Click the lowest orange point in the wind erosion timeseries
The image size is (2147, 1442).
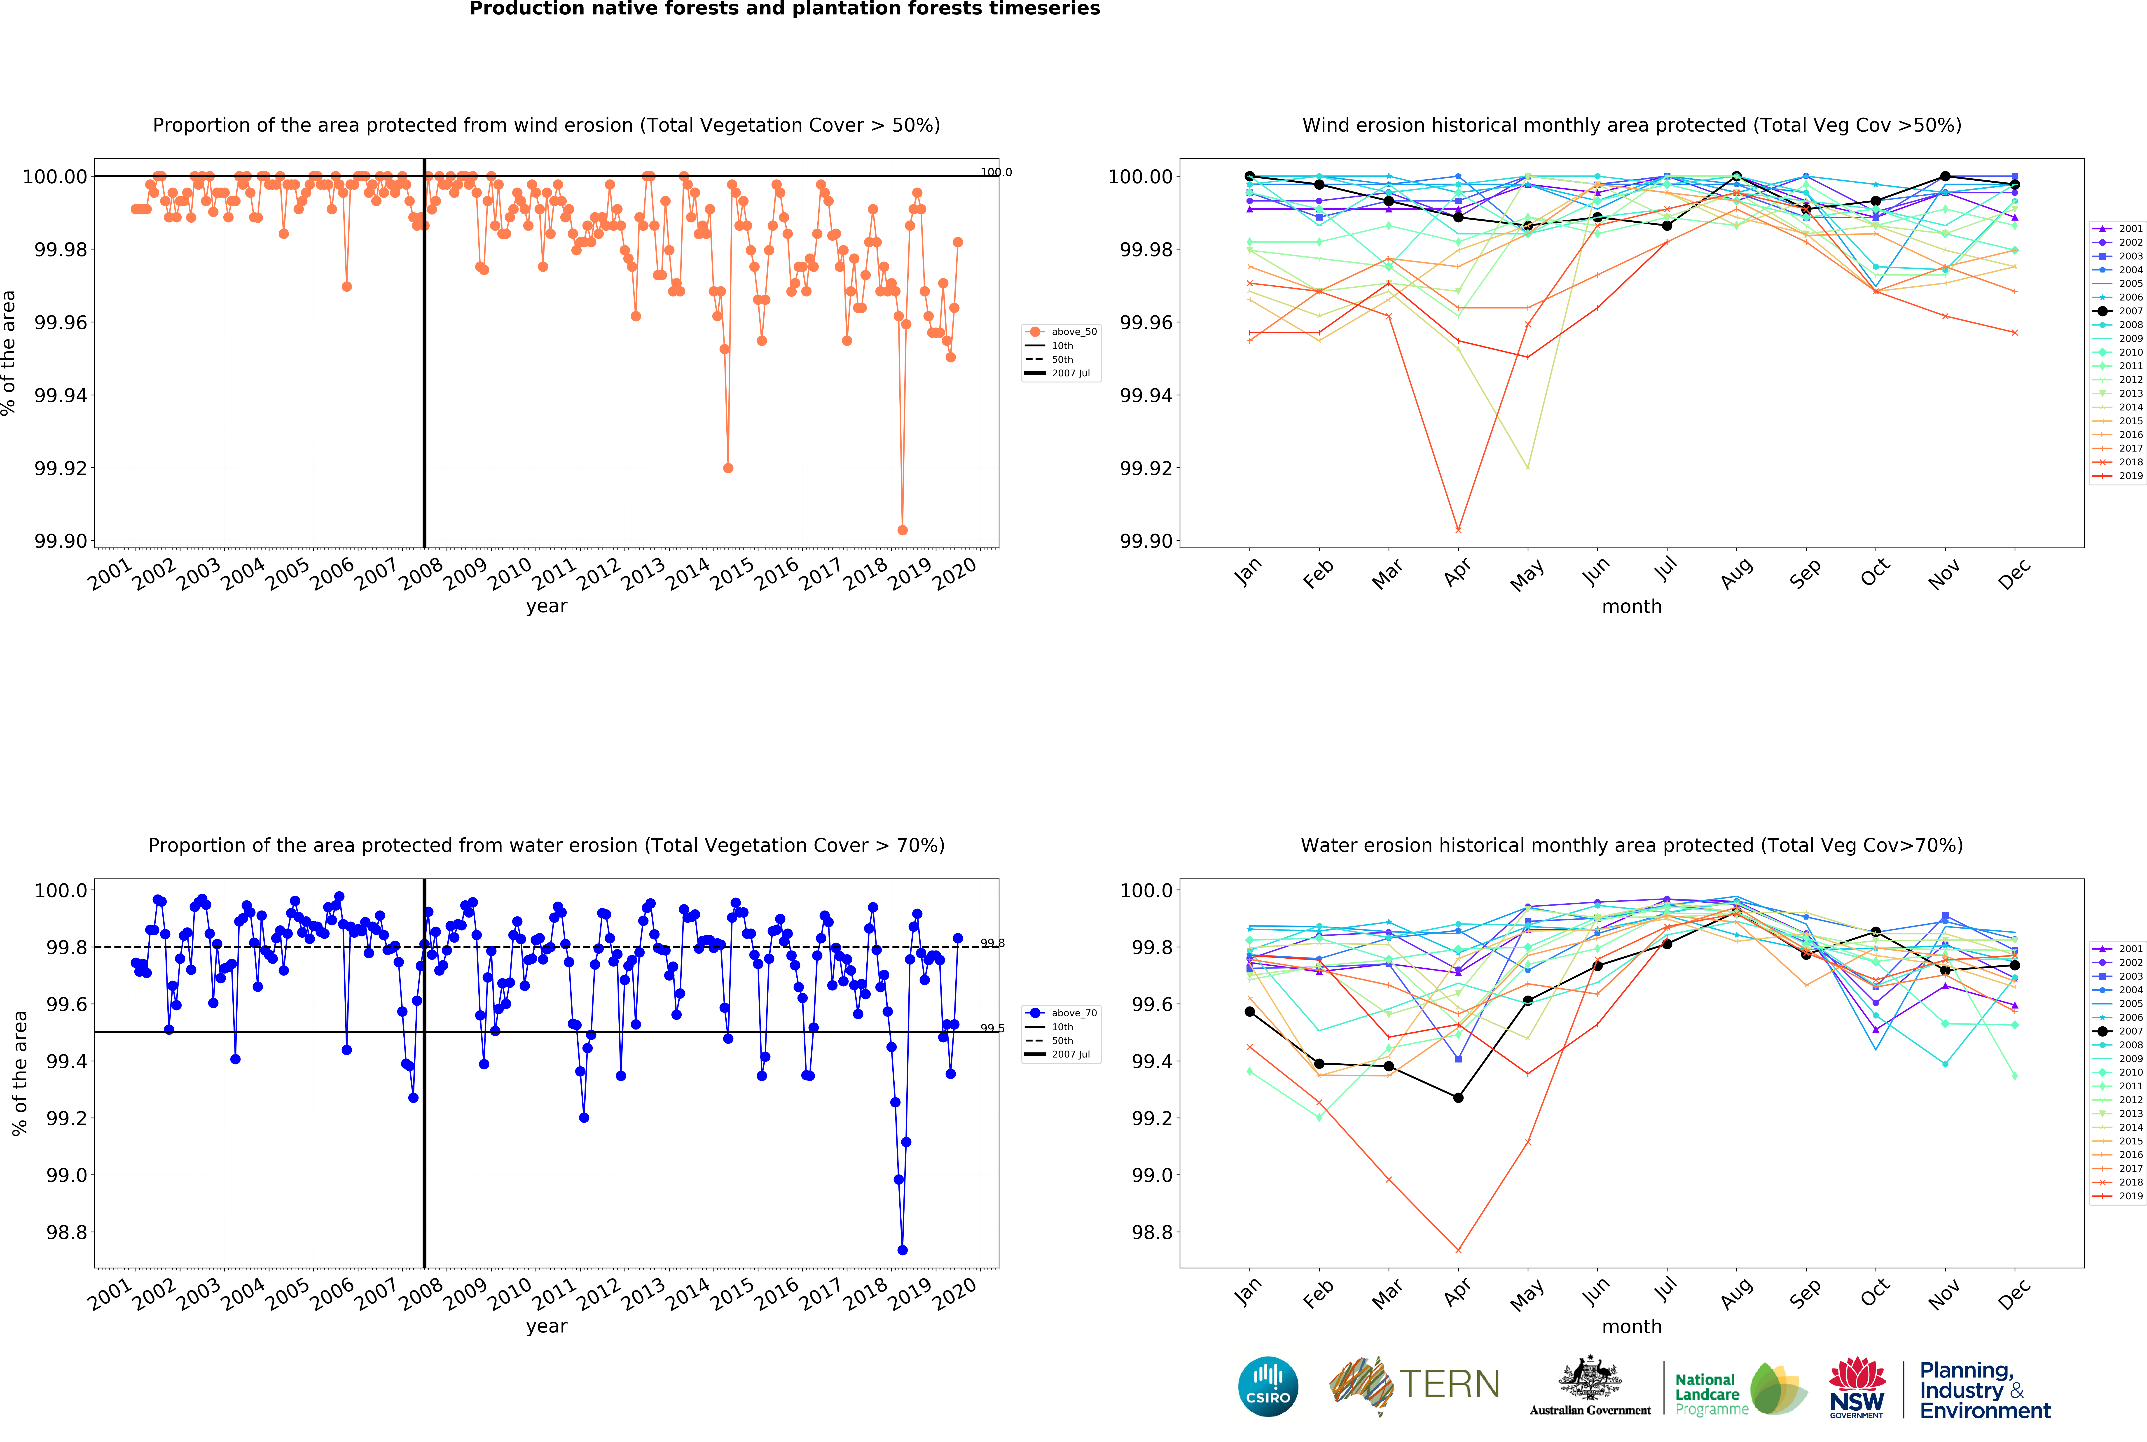(902, 530)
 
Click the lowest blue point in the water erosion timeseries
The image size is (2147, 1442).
(902, 1250)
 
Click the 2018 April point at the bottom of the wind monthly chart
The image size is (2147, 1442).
(1458, 530)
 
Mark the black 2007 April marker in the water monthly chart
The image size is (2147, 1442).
(1458, 1097)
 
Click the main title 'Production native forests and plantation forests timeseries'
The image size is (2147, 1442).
(785, 9)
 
